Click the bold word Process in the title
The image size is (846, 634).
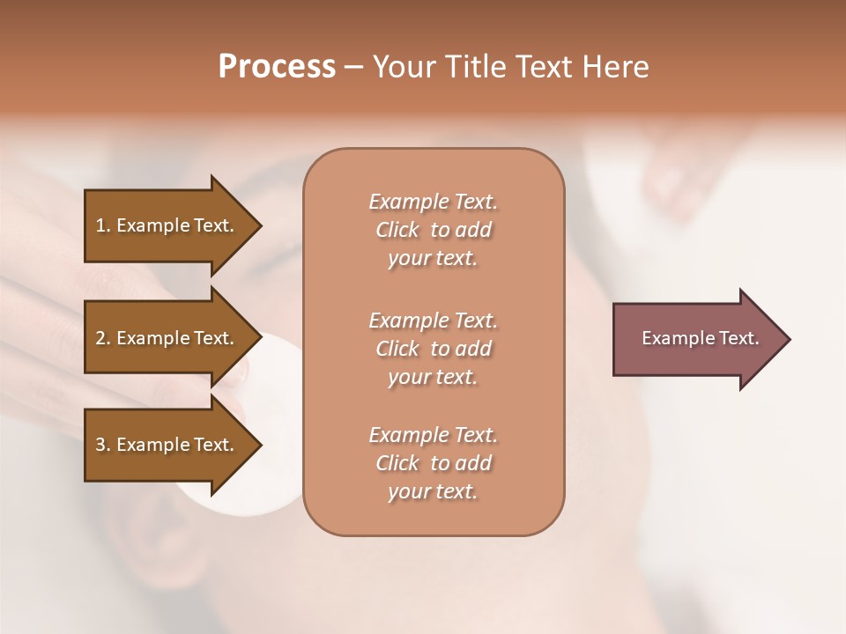(x=277, y=67)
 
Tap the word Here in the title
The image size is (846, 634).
(x=615, y=67)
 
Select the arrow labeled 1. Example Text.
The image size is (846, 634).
(x=167, y=225)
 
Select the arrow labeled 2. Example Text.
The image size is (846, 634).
(x=167, y=338)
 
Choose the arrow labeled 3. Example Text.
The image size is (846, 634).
(x=167, y=445)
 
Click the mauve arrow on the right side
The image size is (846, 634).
(x=696, y=339)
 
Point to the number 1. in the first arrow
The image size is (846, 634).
(x=103, y=225)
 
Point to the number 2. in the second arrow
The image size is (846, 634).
(x=103, y=338)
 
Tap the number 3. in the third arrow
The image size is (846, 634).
(x=103, y=445)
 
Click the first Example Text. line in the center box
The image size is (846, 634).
(x=433, y=202)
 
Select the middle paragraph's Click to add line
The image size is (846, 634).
(x=433, y=349)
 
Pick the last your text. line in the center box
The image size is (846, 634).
(x=433, y=491)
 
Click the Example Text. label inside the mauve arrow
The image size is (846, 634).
(x=701, y=338)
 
